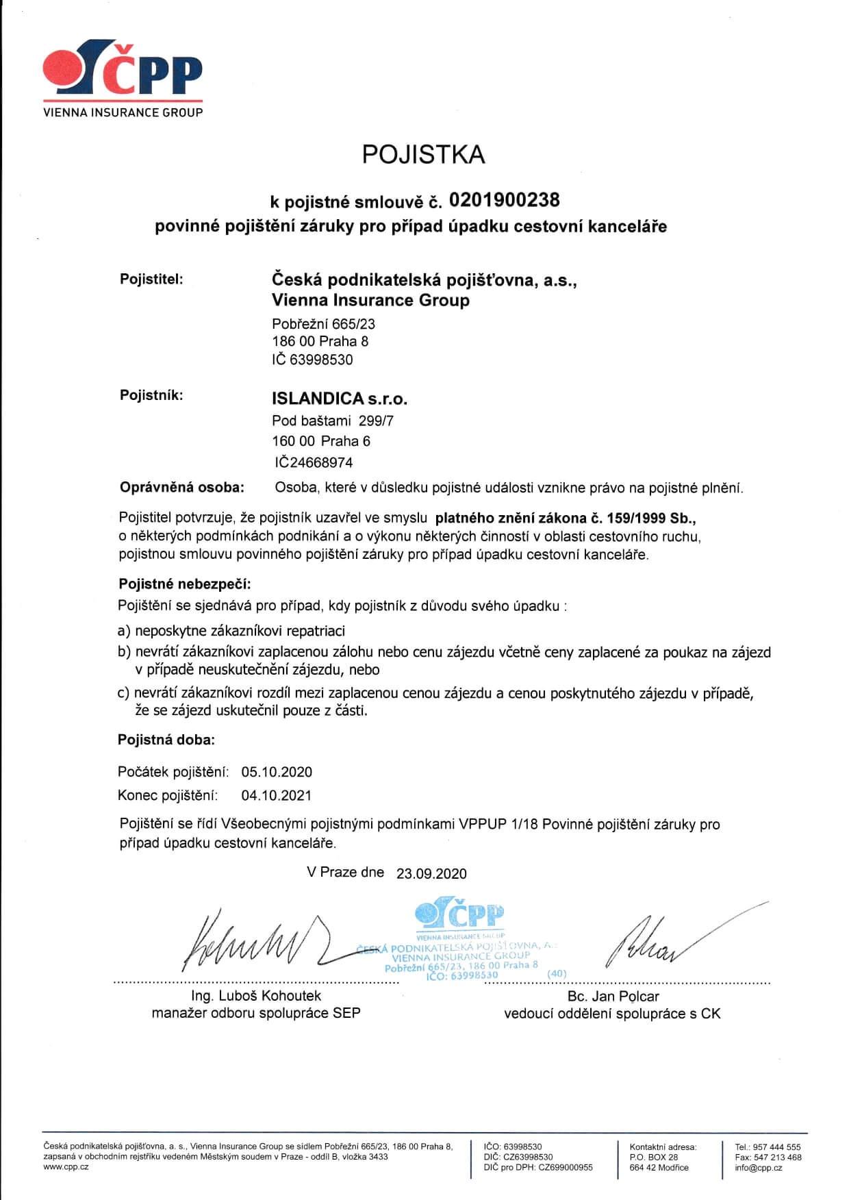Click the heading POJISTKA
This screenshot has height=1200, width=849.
[x=423, y=155]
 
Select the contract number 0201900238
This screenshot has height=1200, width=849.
[x=504, y=200]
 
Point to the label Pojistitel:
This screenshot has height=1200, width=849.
[x=151, y=279]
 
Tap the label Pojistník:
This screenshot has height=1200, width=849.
[x=151, y=396]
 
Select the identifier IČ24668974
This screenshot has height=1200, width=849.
[x=312, y=462]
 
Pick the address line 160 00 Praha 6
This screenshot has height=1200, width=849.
[x=321, y=441]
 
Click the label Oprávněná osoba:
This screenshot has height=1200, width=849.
[x=181, y=488]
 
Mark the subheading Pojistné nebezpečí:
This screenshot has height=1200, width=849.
[x=185, y=584]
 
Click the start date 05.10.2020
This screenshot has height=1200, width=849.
[x=277, y=772]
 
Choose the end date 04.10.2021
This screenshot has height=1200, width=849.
[x=277, y=795]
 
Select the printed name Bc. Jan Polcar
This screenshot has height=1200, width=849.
[x=613, y=996]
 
